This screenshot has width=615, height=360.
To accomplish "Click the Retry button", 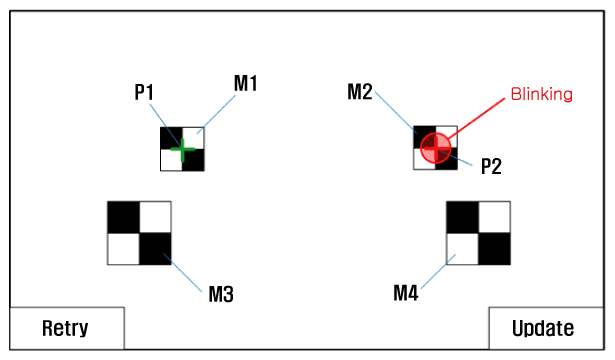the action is click(x=67, y=328).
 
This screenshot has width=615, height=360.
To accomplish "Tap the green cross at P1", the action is click(x=182, y=149).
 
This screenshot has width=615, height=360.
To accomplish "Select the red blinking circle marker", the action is click(x=435, y=148).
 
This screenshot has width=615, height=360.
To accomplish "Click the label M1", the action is click(x=246, y=84).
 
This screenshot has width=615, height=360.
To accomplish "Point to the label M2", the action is click(x=360, y=92).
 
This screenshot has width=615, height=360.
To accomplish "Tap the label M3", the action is click(x=221, y=294).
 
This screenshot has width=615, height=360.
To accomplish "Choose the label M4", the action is click(x=406, y=293).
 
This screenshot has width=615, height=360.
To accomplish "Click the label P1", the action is click(x=144, y=93).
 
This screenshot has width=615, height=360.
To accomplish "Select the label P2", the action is click(x=491, y=166).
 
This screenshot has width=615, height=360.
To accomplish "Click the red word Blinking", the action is click(x=541, y=94).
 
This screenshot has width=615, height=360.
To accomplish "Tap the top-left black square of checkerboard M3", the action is click(x=124, y=217).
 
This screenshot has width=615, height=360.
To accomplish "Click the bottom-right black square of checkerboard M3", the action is click(x=155, y=249).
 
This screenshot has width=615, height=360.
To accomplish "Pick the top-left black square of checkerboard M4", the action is click(x=462, y=217).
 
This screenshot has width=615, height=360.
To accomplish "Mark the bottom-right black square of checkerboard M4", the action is click(x=495, y=249).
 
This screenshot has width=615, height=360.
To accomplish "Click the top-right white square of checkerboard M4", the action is click(x=495, y=217).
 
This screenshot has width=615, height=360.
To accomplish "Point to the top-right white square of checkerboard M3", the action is click(x=155, y=217).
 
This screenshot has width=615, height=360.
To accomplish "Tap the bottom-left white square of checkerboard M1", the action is click(x=171, y=160).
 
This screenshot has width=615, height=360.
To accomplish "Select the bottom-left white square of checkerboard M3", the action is click(x=124, y=249).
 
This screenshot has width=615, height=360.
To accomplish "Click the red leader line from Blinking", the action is click(x=476, y=118).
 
